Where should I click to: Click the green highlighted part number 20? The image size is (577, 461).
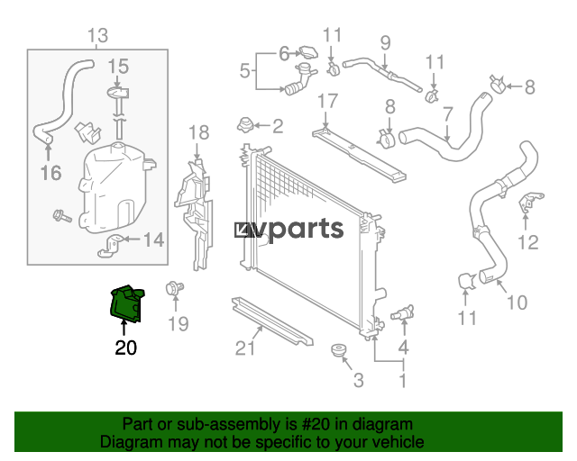click(127, 304)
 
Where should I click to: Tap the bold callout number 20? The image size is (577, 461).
click(126, 348)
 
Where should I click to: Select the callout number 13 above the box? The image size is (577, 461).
click(98, 36)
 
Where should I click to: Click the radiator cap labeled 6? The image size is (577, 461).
click(308, 52)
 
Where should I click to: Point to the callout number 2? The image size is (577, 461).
click(278, 126)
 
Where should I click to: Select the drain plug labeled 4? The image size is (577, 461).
click(403, 313)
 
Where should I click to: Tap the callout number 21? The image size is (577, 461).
click(245, 348)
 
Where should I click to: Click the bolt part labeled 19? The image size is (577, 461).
click(174, 288)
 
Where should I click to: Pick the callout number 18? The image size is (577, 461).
click(199, 132)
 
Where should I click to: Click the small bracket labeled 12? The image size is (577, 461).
click(530, 203)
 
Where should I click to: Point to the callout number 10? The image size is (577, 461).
click(517, 303)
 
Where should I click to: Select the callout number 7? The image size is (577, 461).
click(447, 114)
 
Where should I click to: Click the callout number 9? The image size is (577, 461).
click(385, 43)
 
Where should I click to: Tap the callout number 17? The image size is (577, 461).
click(327, 101)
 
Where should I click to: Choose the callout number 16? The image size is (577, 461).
click(50, 173)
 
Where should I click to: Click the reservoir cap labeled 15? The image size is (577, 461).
click(118, 93)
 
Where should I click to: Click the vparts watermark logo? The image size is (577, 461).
click(288, 230)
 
